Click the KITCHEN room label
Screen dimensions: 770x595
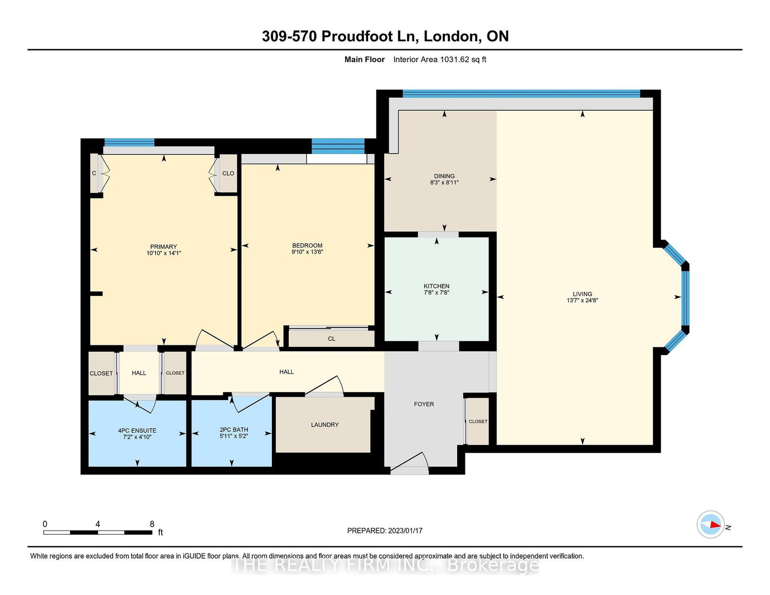(436, 286)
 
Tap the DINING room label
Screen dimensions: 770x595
(444, 176)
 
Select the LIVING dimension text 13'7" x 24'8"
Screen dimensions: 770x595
(582, 300)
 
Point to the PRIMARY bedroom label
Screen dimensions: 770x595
(163, 246)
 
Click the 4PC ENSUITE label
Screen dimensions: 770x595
(137, 430)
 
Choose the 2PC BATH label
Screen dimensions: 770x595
(233, 430)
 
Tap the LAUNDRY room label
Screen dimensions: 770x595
(324, 424)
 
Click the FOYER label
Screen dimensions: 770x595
(424, 404)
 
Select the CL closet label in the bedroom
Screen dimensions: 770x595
(331, 339)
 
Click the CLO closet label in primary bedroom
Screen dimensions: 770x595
(228, 173)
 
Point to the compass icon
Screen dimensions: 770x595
(710, 524)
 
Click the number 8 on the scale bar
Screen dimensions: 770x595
(152, 524)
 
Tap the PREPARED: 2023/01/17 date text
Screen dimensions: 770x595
(385, 531)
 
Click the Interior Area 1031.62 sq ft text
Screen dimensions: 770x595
(439, 60)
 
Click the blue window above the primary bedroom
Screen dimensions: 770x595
(129, 142)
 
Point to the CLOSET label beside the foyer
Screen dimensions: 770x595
(478, 421)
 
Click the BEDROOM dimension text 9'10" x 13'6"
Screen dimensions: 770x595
(307, 252)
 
